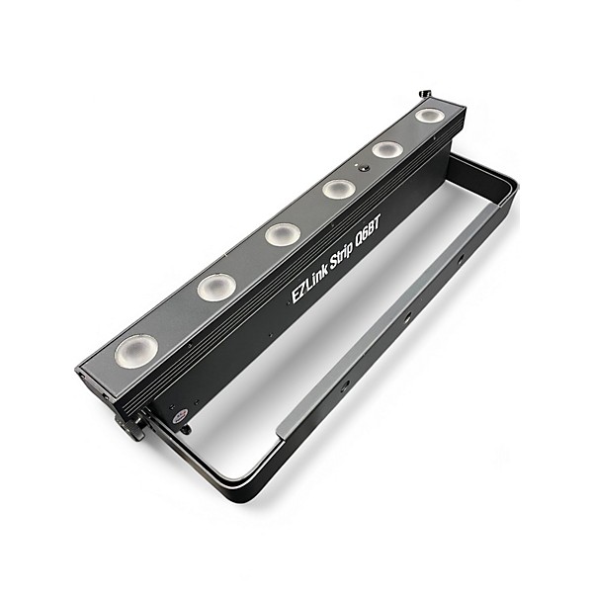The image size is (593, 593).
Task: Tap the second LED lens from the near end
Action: tap(215, 287)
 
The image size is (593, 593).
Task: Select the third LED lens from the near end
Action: tap(282, 234)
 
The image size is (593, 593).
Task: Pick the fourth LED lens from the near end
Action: tap(338, 189)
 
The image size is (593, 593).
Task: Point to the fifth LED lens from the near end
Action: tap(386, 149)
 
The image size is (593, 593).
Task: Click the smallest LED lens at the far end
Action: tap(428, 116)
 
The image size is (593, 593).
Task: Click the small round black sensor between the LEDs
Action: tap(364, 169)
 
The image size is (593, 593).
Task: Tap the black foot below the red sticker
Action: tap(183, 428)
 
